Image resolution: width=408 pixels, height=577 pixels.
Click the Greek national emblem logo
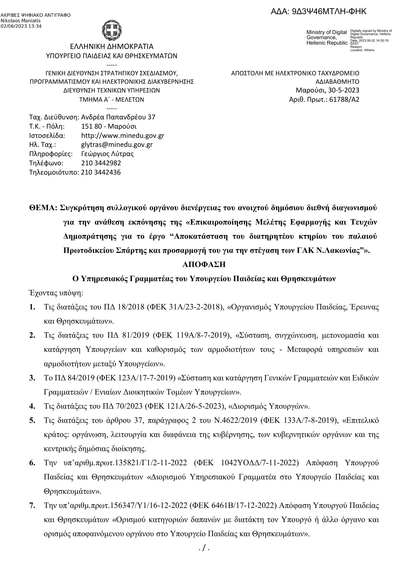pos(112,29)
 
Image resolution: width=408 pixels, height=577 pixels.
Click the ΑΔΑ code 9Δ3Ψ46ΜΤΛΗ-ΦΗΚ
pos(319,12)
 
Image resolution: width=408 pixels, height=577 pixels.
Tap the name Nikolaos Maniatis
pos(20,21)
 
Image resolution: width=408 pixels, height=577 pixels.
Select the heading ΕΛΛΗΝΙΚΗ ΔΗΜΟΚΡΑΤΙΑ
pos(112,46)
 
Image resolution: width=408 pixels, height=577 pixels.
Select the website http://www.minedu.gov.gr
pos(123,135)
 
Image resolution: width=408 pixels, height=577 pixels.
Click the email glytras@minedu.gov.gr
pos(117,145)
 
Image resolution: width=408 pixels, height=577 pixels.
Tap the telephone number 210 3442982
pos(101,163)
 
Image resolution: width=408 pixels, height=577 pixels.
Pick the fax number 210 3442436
pos(101,172)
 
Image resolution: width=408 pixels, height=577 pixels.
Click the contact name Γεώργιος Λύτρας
pos(107,154)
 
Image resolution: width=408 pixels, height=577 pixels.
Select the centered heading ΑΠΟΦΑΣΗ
pos(204,265)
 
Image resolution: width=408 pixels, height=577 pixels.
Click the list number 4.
pos(32,407)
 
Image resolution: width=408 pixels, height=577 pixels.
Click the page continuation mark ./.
pos(204,548)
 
